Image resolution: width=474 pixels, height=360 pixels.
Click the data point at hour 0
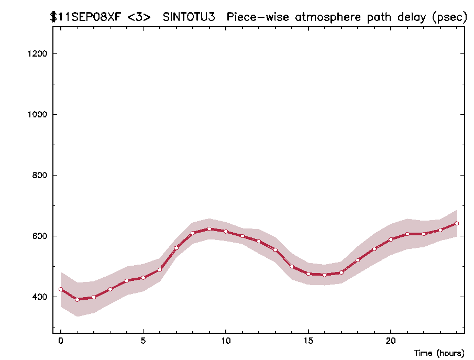[x=61, y=289]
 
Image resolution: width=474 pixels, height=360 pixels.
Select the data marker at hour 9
[x=209, y=228]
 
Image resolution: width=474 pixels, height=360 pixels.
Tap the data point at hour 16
[x=325, y=275]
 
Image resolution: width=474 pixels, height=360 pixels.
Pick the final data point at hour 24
[x=457, y=223]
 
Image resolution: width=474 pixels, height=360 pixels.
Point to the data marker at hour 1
[x=77, y=299]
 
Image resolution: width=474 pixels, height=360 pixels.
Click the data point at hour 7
[x=176, y=248]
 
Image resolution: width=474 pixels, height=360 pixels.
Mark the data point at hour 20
[x=391, y=239]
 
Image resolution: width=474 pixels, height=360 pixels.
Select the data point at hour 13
[x=275, y=249]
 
